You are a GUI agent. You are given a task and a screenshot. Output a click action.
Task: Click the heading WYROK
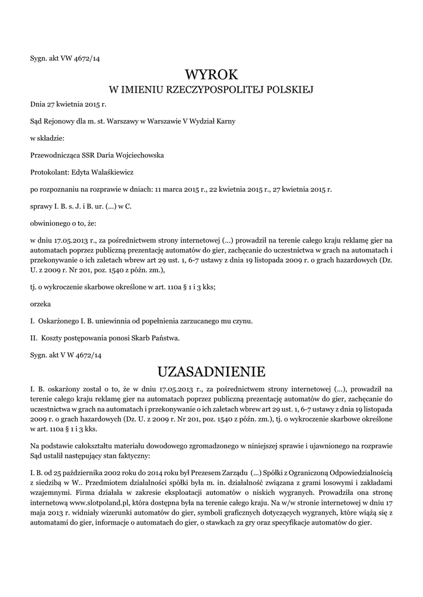[211, 75]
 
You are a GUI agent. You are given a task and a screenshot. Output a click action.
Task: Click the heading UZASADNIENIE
[211, 371]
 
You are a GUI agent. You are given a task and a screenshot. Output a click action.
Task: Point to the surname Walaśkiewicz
[115, 172]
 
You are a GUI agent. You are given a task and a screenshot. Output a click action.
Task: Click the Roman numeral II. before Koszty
[33, 338]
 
